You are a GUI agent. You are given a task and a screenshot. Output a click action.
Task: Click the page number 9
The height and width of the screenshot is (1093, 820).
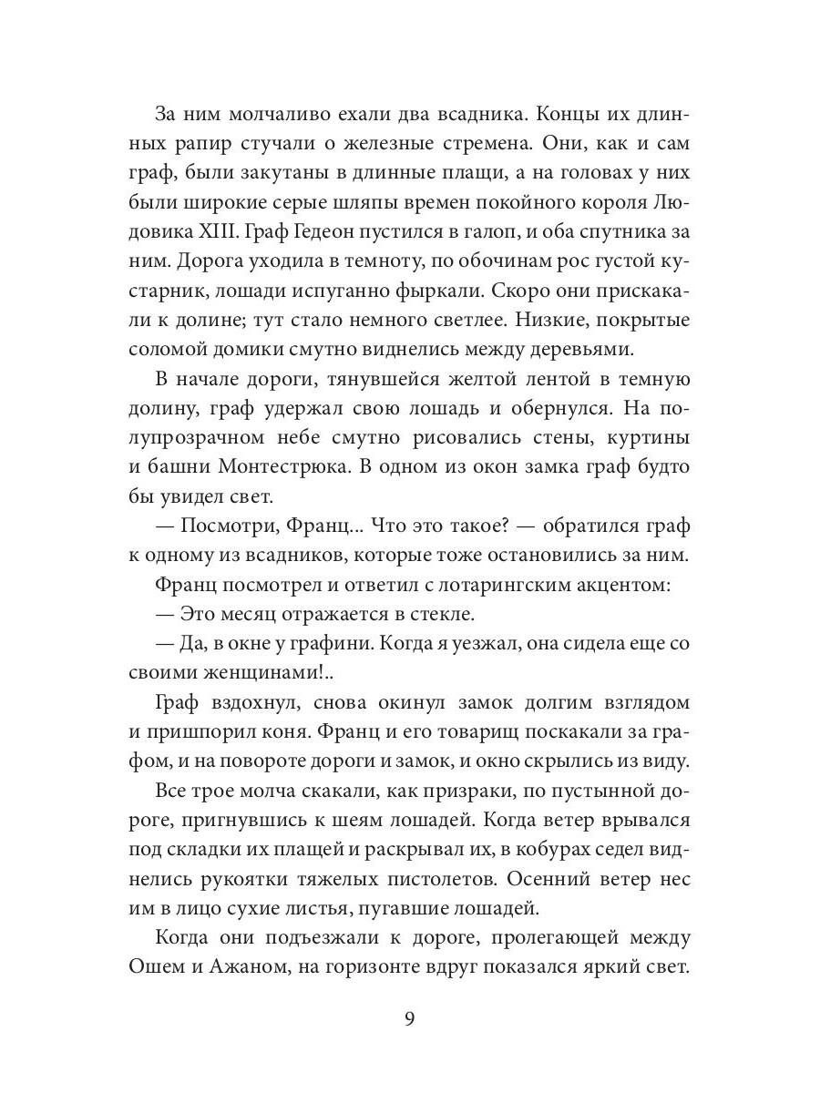(409, 1020)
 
